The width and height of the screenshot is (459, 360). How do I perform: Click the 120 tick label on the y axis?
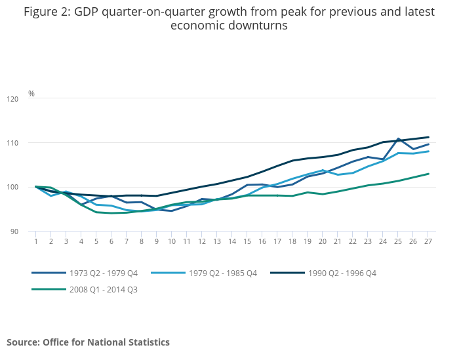tap(12, 99)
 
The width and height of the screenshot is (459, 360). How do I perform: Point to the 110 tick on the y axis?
tap(12, 143)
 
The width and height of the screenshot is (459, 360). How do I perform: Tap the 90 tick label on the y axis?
tap(14, 231)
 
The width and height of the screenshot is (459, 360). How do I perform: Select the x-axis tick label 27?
tap(428, 241)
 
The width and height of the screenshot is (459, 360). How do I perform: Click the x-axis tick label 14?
tap(232, 241)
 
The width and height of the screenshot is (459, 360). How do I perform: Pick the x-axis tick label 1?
tap(36, 241)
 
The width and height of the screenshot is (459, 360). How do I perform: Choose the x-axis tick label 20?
tap(323, 241)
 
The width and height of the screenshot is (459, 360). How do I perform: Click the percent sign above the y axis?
tap(31, 94)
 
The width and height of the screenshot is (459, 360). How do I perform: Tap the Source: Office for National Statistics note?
tap(88, 342)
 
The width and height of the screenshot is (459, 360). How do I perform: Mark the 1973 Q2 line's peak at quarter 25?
tap(398, 138)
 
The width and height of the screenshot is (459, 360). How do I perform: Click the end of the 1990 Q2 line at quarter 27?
tap(428, 137)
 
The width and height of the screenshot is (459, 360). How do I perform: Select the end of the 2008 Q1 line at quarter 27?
tap(428, 174)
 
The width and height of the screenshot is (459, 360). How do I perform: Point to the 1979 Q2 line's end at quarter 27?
tap(428, 151)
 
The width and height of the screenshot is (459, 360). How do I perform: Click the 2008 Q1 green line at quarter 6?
tap(111, 213)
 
